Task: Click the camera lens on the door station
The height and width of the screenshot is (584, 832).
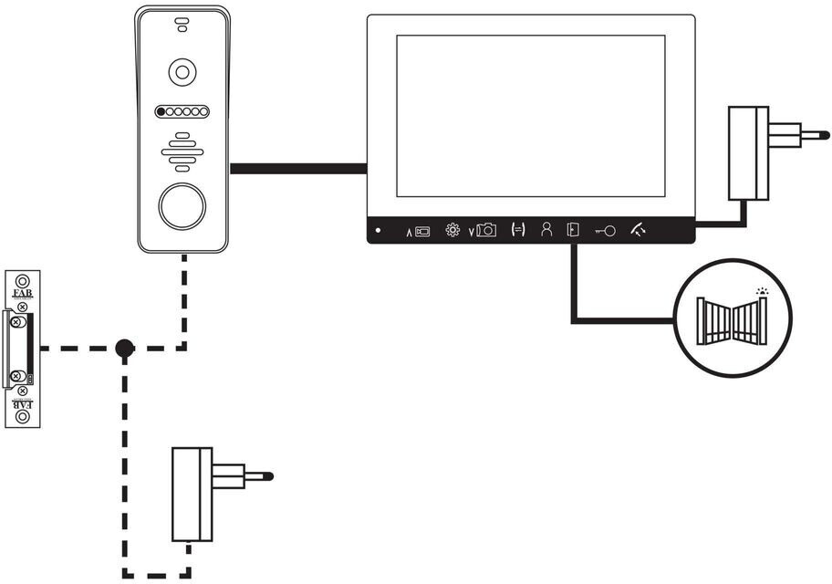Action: [x=183, y=72]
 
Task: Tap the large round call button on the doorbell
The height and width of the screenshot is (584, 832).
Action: [x=182, y=206]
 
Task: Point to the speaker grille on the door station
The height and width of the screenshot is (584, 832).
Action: [x=182, y=151]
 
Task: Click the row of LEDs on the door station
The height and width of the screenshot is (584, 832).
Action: [x=182, y=111]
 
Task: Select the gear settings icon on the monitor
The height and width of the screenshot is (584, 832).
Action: [x=452, y=230]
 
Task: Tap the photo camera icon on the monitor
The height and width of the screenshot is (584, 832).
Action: [x=485, y=231]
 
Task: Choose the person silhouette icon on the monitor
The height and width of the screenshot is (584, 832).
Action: [x=546, y=230]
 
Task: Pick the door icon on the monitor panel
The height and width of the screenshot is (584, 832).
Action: [x=572, y=230]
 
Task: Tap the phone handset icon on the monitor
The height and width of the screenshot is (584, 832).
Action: [x=637, y=231]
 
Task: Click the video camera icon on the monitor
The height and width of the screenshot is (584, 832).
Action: [x=421, y=232]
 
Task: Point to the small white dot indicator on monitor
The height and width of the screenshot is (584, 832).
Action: [x=378, y=230]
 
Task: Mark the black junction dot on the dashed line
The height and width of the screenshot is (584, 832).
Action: [x=124, y=348]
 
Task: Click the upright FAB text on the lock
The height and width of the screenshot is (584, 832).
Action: [x=21, y=294]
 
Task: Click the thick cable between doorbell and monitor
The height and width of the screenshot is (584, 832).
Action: [x=298, y=168]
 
